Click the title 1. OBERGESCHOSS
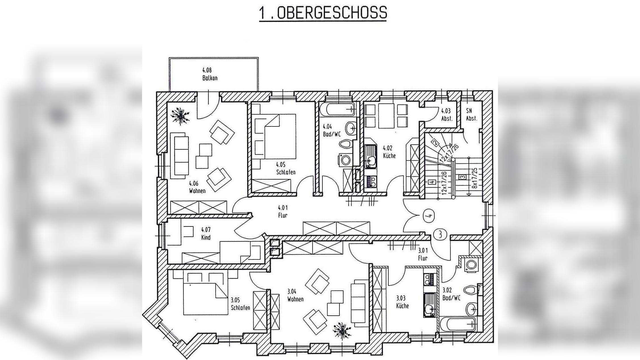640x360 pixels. pos(323,13)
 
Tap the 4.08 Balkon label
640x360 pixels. pos(210,74)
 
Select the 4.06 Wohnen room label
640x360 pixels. pos(197,187)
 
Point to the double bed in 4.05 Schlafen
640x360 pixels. pos(280,136)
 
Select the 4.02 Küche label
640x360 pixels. pos(389,152)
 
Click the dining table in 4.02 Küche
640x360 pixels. pos(386,116)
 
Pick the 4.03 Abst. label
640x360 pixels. pos(447,115)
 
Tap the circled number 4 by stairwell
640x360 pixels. pos(429,215)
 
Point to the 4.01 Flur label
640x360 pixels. pos(283,211)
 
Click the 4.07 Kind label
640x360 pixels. pos(206,234)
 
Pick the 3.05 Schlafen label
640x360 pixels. pos(240,304)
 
